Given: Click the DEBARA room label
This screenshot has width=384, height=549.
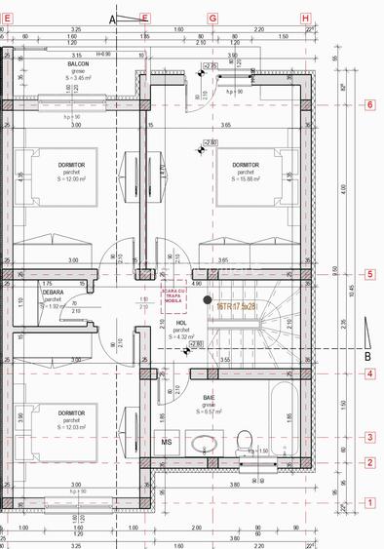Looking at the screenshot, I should pyautogui.click(x=54, y=292).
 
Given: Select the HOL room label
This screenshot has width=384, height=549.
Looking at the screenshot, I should pyautogui.click(x=181, y=323).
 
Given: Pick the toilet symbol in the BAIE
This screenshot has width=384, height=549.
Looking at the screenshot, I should pyautogui.click(x=245, y=438).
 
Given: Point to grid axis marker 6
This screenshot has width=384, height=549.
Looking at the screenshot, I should pyautogui.click(x=369, y=104).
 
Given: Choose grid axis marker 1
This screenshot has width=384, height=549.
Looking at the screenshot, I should pyautogui.click(x=369, y=503).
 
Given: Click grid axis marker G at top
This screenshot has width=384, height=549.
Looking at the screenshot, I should pyautogui.click(x=213, y=19).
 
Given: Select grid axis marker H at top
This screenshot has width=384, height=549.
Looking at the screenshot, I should pyautogui.click(x=305, y=19).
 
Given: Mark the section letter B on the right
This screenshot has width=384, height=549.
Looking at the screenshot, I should pyautogui.click(x=368, y=356).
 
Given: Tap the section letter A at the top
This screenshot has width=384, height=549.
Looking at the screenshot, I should pyautogui.click(x=112, y=19).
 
